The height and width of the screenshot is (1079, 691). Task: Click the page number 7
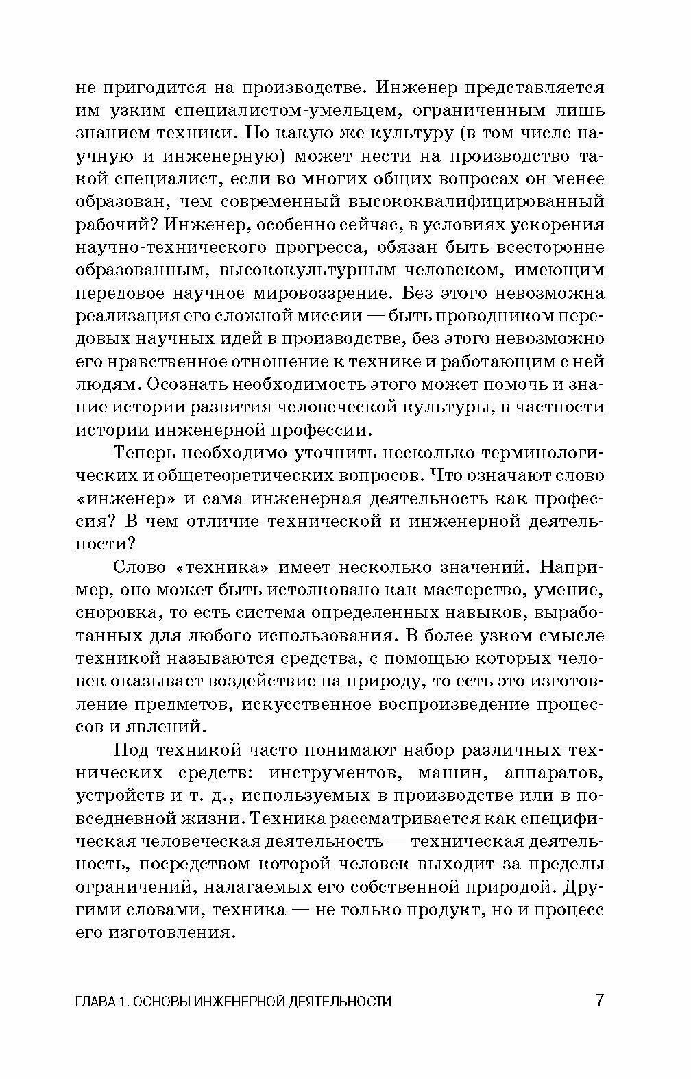pyautogui.click(x=598, y=1000)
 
